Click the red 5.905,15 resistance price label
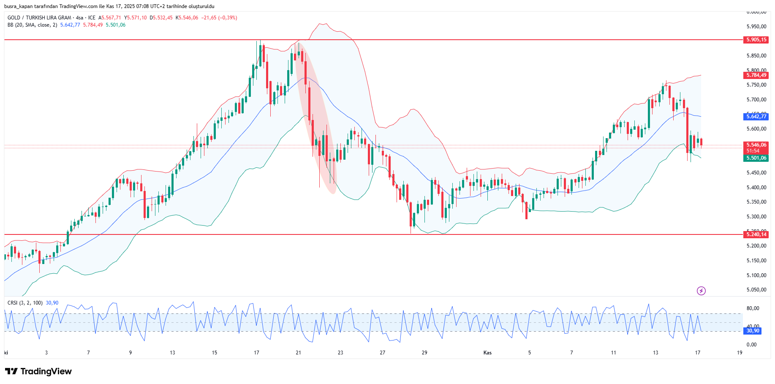click(756, 40)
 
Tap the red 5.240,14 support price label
click(756, 234)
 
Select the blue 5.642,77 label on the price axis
click(756, 117)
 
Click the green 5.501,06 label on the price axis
click(756, 158)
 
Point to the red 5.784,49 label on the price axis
click(756, 75)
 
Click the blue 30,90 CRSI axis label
click(753, 331)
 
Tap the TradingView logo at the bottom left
click(38, 371)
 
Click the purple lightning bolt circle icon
click(701, 291)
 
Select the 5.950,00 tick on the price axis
click(756, 27)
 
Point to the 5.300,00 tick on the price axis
click(756, 217)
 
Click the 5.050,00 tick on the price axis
click(756, 290)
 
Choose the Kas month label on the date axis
click(487, 353)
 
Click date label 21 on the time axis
click(299, 353)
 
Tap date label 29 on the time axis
click(424, 353)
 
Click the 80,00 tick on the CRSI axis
click(753, 308)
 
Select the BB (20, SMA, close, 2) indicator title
click(32, 25)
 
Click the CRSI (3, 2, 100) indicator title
click(25, 303)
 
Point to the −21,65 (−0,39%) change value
click(219, 18)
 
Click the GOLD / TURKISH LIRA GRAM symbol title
click(39, 18)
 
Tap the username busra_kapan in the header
click(19, 6)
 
